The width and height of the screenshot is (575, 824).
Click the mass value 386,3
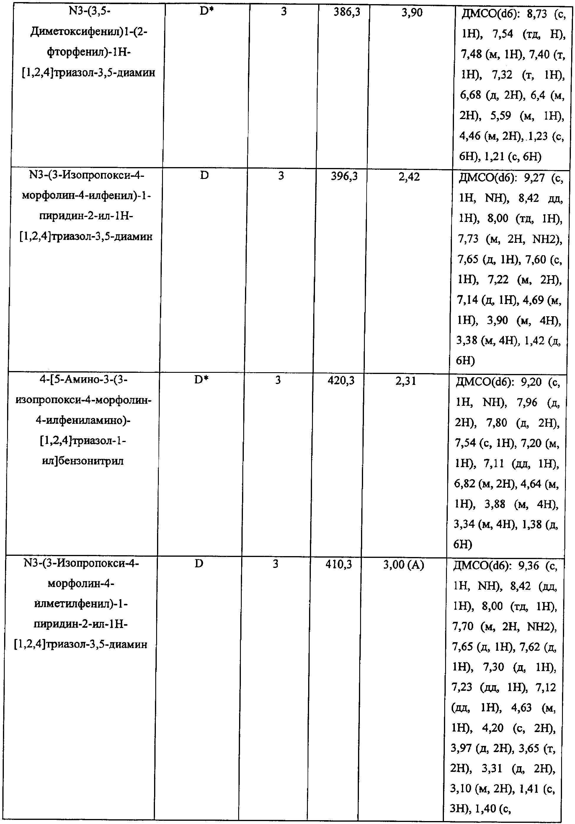[347, 13]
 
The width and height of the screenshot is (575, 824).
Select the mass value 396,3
[344, 177]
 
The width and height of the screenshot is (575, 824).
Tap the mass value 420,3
[341, 381]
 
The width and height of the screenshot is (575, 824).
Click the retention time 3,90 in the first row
[412, 13]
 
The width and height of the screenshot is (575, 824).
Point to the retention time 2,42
[409, 177]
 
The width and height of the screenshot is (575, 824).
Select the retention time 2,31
[406, 381]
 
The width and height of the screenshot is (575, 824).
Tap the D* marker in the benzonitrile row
[201, 380]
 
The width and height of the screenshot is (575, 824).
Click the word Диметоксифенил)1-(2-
[89, 32]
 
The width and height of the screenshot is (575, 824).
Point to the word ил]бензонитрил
[83, 461]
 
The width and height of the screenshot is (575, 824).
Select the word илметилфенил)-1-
[81, 604]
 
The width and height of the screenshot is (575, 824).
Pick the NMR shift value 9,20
[531, 382]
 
